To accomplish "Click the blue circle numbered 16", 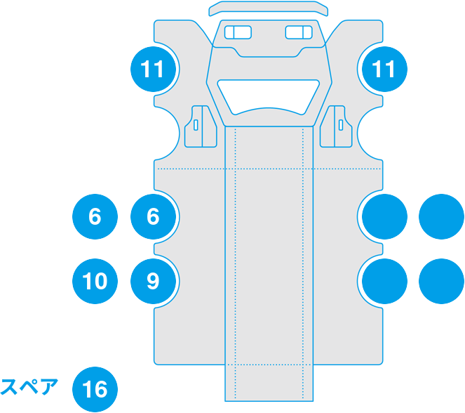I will point(95,389).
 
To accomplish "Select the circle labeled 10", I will point(95,282).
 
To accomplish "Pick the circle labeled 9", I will point(154,282).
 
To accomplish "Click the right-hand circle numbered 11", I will point(384,69).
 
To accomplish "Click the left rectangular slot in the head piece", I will point(239,32).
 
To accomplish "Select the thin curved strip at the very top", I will point(269,8).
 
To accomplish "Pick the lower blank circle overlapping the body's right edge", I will point(384,282).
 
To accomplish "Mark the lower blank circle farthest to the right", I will point(441,282).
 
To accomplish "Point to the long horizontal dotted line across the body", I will point(189,170).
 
